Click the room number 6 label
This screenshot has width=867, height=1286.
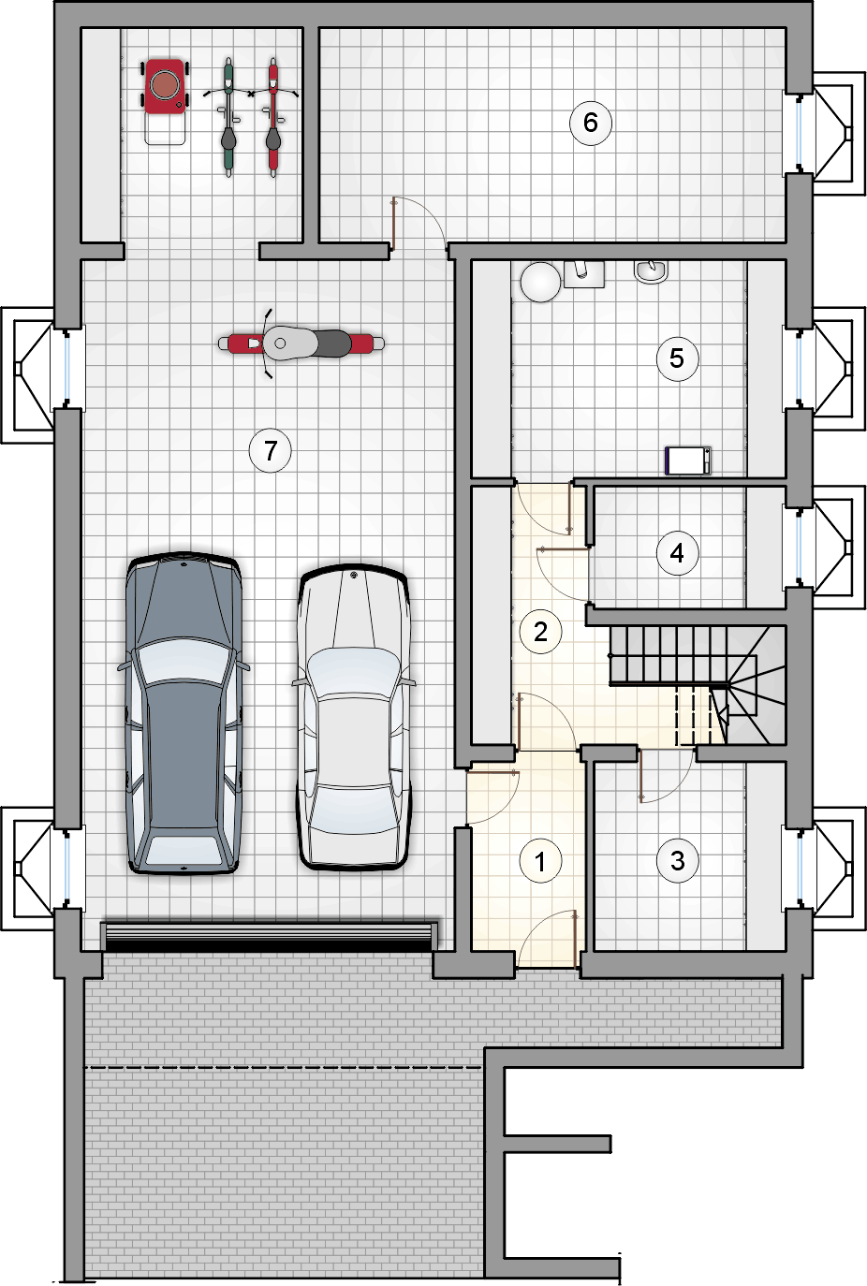pos(590,123)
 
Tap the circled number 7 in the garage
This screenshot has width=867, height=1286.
pos(270,451)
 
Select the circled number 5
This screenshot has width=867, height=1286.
pos(677,358)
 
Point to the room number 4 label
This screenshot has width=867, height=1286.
pos(677,553)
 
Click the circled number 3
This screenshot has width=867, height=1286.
pos(678,860)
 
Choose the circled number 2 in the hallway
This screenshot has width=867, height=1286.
pos(540,632)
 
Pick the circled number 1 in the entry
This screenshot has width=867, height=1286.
pos(539,860)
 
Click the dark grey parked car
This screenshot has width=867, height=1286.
pos(184,713)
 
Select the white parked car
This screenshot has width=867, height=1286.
pos(353,717)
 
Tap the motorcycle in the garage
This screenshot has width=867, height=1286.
pos(301,343)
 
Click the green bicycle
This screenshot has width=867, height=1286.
pos(228,117)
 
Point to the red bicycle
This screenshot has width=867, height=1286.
pos(273,117)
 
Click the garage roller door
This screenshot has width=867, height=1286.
pos(269,936)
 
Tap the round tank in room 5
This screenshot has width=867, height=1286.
pos(539,282)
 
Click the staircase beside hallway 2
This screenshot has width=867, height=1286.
pos(697,685)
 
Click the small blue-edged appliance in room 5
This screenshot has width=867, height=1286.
pos(688,460)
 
